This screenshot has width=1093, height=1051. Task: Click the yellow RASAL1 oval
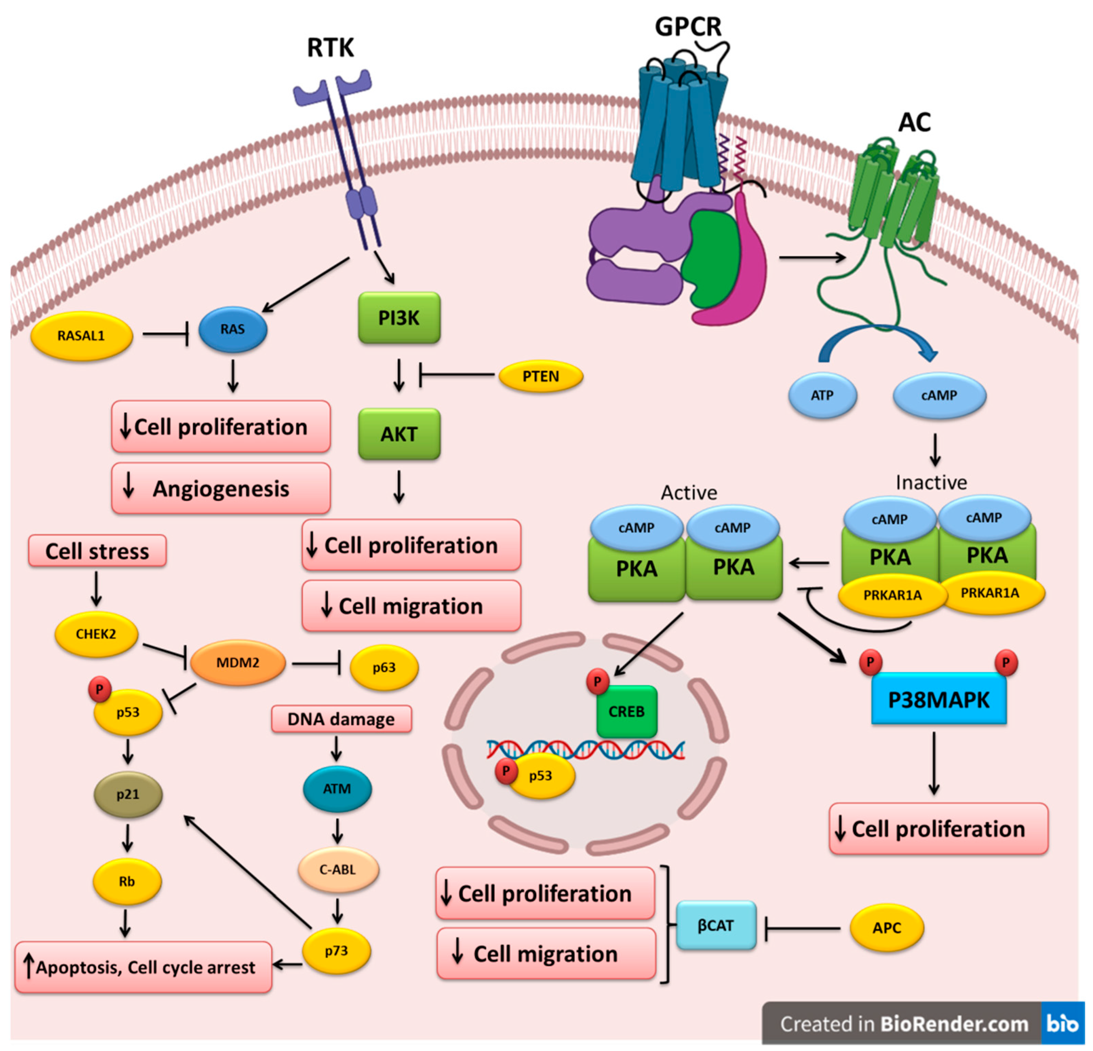tap(81, 336)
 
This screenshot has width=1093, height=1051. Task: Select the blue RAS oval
tap(233, 330)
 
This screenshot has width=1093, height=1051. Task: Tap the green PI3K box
tap(399, 318)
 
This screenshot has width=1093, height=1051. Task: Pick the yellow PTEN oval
tap(541, 376)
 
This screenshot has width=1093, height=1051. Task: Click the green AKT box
tap(399, 434)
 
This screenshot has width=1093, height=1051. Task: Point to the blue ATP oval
tap(822, 395)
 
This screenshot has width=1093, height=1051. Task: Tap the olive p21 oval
tap(128, 794)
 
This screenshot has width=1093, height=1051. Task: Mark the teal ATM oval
tap(337, 788)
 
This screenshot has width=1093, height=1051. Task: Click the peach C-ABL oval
tap(337, 869)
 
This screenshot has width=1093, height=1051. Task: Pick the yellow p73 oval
tap(336, 951)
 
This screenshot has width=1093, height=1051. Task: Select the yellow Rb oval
tap(127, 882)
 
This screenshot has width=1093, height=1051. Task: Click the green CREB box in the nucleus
tap(626, 711)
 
